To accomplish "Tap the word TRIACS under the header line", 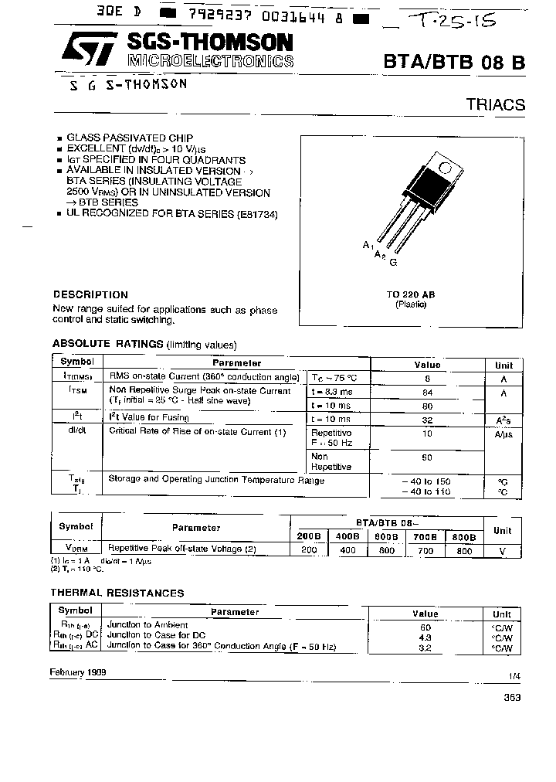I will (495, 105).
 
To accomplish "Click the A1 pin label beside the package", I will (368, 245).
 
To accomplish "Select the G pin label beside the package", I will (393, 263).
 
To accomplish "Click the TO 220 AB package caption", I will (411, 295).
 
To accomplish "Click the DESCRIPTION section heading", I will (90, 294).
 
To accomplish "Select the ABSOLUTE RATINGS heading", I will (107, 344).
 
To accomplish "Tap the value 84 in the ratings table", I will (427, 392).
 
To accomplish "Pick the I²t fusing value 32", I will (427, 419).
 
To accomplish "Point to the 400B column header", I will (349, 535).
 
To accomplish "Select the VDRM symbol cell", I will (76, 549).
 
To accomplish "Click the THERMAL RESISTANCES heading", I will (117, 593).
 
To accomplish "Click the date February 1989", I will (80, 672).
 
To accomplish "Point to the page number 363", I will (512, 698).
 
